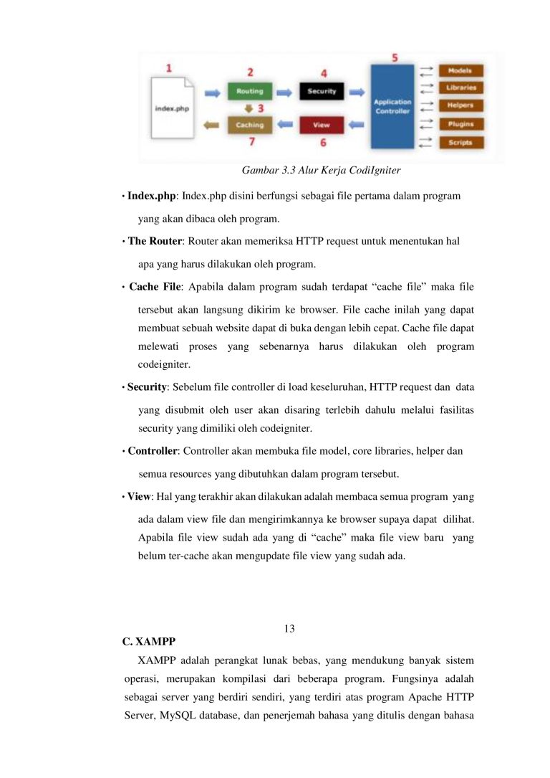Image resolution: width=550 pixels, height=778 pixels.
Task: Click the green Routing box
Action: pyautogui.click(x=249, y=92)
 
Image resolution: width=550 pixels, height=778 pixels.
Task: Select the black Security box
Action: pyautogui.click(x=322, y=92)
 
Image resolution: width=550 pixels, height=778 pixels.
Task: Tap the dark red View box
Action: pyautogui.click(x=322, y=125)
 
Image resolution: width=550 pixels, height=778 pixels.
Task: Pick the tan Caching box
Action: pyautogui.click(x=249, y=125)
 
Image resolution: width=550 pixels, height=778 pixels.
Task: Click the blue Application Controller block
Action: pyautogui.click(x=392, y=107)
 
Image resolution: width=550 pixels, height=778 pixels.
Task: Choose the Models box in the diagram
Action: pyautogui.click(x=461, y=71)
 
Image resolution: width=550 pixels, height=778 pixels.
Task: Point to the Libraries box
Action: pyautogui.click(x=461, y=88)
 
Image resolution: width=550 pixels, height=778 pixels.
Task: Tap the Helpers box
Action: pyautogui.click(x=461, y=105)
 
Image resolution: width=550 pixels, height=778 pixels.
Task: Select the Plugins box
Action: pyautogui.click(x=461, y=124)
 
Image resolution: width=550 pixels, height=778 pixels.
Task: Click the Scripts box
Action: pyautogui.click(x=461, y=142)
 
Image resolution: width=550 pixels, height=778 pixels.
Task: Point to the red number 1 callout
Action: pyautogui.click(x=169, y=68)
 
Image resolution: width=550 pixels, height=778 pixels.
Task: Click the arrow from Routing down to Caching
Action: pyautogui.click(x=249, y=108)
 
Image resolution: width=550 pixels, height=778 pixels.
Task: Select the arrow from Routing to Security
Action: pyautogui.click(x=284, y=92)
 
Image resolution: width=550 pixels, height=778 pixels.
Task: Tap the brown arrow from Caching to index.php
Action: pyautogui.click(x=212, y=125)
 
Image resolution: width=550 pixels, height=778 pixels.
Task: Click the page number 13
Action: pyautogui.click(x=289, y=629)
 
